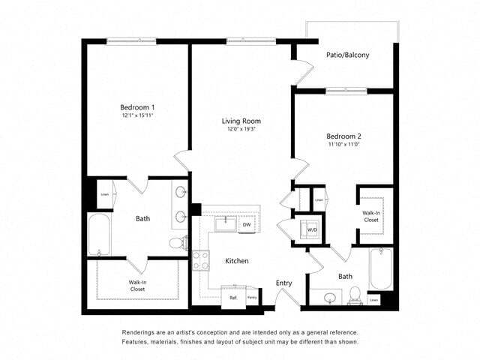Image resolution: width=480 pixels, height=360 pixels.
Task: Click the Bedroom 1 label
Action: point(132,106)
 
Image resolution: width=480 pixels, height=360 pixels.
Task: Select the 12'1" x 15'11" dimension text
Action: point(132,116)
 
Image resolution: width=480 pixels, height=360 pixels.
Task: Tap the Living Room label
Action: point(241,121)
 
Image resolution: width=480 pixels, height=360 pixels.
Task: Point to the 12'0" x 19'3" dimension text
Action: point(241,130)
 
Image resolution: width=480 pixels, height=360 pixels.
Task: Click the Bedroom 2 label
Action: point(343,136)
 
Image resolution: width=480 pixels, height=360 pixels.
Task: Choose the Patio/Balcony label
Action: point(347,55)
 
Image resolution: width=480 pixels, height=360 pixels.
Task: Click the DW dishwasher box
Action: point(246,224)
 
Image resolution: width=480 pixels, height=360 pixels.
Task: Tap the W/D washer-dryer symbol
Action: point(311,229)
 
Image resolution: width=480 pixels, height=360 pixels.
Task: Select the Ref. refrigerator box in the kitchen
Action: point(234,298)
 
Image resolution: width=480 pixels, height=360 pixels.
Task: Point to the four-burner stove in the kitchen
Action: point(201,260)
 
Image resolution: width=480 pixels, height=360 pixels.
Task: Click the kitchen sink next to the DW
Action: point(224,223)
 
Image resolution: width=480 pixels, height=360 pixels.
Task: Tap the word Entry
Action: point(283,283)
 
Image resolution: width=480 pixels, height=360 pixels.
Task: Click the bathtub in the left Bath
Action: point(99,235)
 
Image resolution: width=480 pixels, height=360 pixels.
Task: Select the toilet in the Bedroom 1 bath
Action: point(177,242)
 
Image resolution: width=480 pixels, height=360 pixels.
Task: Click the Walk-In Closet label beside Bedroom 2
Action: point(370,217)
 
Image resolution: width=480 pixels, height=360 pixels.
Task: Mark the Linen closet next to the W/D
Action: point(319,199)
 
